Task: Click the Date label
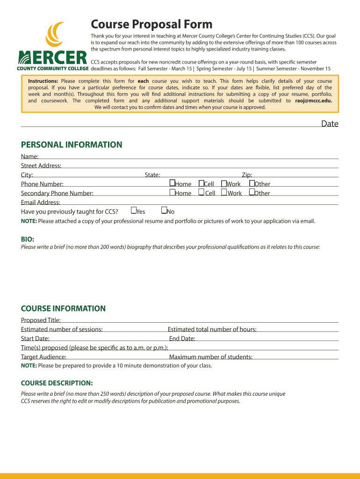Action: [x=329, y=123]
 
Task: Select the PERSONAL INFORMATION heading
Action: [x=71, y=145]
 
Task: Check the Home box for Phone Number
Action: [x=172, y=183]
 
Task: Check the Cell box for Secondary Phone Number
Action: [x=201, y=192]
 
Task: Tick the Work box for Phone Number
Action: [x=224, y=183]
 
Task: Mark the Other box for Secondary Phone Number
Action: [x=252, y=192]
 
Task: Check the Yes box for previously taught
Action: [x=134, y=210]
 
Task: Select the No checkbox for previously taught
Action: [x=164, y=210]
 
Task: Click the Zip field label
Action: [x=246, y=175]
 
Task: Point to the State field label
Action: [x=152, y=175]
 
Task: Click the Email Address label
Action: [x=41, y=202]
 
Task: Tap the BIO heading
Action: [x=28, y=239]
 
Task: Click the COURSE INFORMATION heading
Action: [x=63, y=308]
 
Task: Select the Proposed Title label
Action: [x=41, y=320]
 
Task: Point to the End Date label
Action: [x=182, y=339]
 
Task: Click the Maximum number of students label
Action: [x=210, y=357]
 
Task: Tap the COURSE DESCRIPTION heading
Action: [x=57, y=383]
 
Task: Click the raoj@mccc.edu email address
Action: [x=310, y=101]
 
